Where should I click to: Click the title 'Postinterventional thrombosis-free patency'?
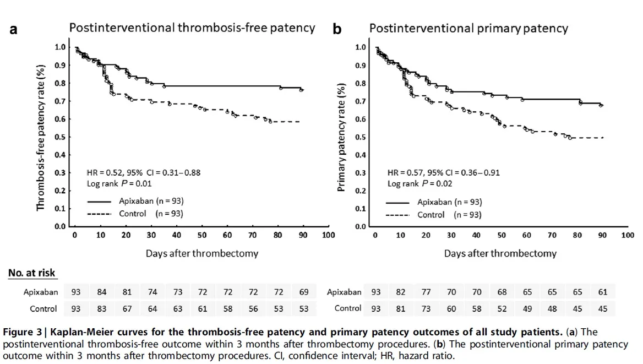coord(192,28)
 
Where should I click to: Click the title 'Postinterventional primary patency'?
coord(468,28)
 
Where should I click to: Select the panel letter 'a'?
coord(13,29)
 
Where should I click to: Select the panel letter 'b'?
coord(337,29)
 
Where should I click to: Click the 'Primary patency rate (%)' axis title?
coord(341,138)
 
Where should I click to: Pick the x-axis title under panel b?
coord(500,254)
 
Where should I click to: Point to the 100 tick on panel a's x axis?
coord(328,235)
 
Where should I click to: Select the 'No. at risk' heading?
coord(31,273)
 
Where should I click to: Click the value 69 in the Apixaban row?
coord(304,292)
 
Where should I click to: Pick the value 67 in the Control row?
coord(127,309)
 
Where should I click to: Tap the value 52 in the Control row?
coord(502,309)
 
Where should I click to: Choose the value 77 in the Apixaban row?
coord(426,292)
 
